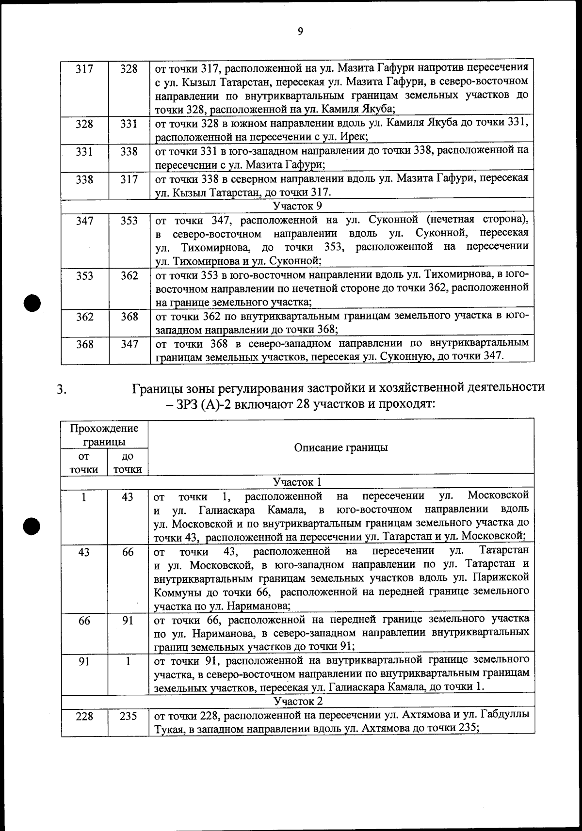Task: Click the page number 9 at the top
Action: click(x=300, y=32)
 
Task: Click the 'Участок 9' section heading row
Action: click(x=297, y=206)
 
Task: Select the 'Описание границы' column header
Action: click(x=340, y=447)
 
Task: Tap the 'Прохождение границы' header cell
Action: click(x=104, y=435)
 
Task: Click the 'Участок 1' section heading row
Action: click(x=297, y=482)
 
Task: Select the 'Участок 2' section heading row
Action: click(x=297, y=701)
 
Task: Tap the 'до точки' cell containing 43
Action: click(x=128, y=497)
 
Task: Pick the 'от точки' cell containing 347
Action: click(x=85, y=221)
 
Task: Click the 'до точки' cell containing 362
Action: click(x=128, y=276)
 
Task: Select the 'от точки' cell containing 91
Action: click(x=85, y=661)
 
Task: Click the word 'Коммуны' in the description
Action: click(x=176, y=592)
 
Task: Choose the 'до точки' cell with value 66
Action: click(x=128, y=552)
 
